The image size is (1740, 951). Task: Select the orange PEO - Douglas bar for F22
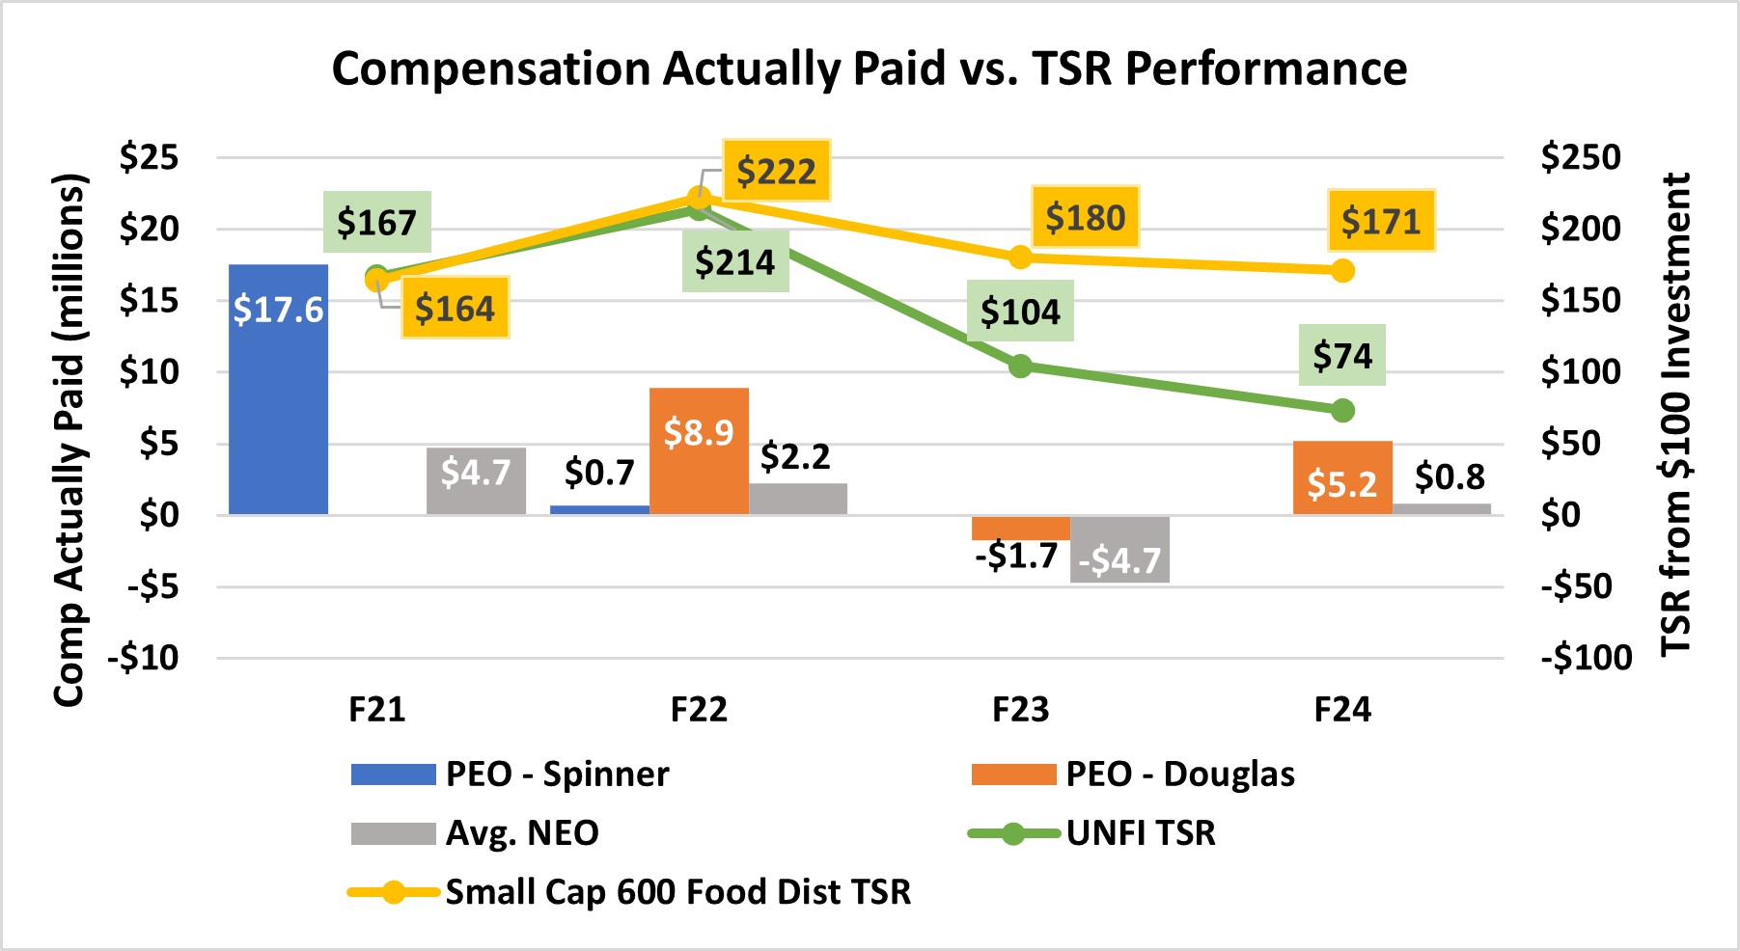tap(699, 450)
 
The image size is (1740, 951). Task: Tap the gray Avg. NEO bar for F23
tap(1119, 549)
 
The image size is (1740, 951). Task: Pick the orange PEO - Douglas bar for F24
tap(1341, 477)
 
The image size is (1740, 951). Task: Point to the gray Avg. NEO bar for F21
tap(476, 480)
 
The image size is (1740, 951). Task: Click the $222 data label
tap(776, 171)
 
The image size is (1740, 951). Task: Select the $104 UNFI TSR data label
tap(1020, 311)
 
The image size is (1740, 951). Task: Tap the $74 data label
tap(1341, 355)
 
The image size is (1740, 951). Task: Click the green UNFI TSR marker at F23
tap(1020, 366)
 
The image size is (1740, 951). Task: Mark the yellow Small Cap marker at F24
tap(1342, 271)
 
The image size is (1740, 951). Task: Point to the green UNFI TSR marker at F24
tap(1342, 411)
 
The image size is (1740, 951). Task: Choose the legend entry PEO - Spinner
tap(557, 774)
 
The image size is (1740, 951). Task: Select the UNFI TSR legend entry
tap(1140, 832)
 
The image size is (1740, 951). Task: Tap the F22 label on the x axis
tap(699, 710)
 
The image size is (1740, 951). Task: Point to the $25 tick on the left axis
tap(150, 157)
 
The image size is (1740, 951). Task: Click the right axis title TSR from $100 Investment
tap(1675, 415)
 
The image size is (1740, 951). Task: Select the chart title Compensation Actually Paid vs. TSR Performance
tap(869, 68)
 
